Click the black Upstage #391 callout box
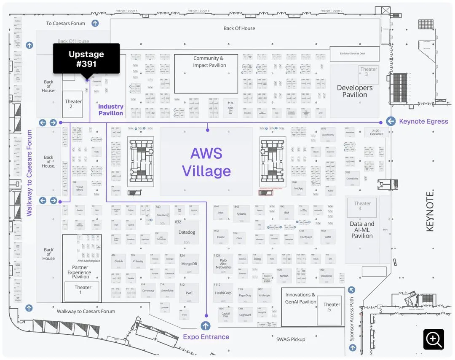pyautogui.click(x=86, y=59)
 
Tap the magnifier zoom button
pyautogui.click(x=434, y=339)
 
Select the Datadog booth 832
pyautogui.click(x=187, y=233)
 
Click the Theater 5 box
pyautogui.click(x=332, y=307)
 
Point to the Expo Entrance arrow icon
pyautogui.click(x=206, y=325)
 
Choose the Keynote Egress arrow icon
pyautogui.click(x=391, y=121)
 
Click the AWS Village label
pyautogui.click(x=206, y=162)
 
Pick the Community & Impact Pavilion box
pyautogui.click(x=206, y=74)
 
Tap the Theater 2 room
pyautogui.click(x=73, y=104)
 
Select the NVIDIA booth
pyautogui.click(x=284, y=276)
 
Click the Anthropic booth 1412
pyautogui.click(x=265, y=295)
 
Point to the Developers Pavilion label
pyautogui.click(x=355, y=91)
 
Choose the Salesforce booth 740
pyautogui.click(x=162, y=215)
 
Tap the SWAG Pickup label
pyautogui.click(x=291, y=339)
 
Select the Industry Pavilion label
pyautogui.click(x=111, y=110)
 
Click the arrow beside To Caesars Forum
pyautogui.click(x=95, y=23)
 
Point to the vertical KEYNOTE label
pyautogui.click(x=430, y=211)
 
